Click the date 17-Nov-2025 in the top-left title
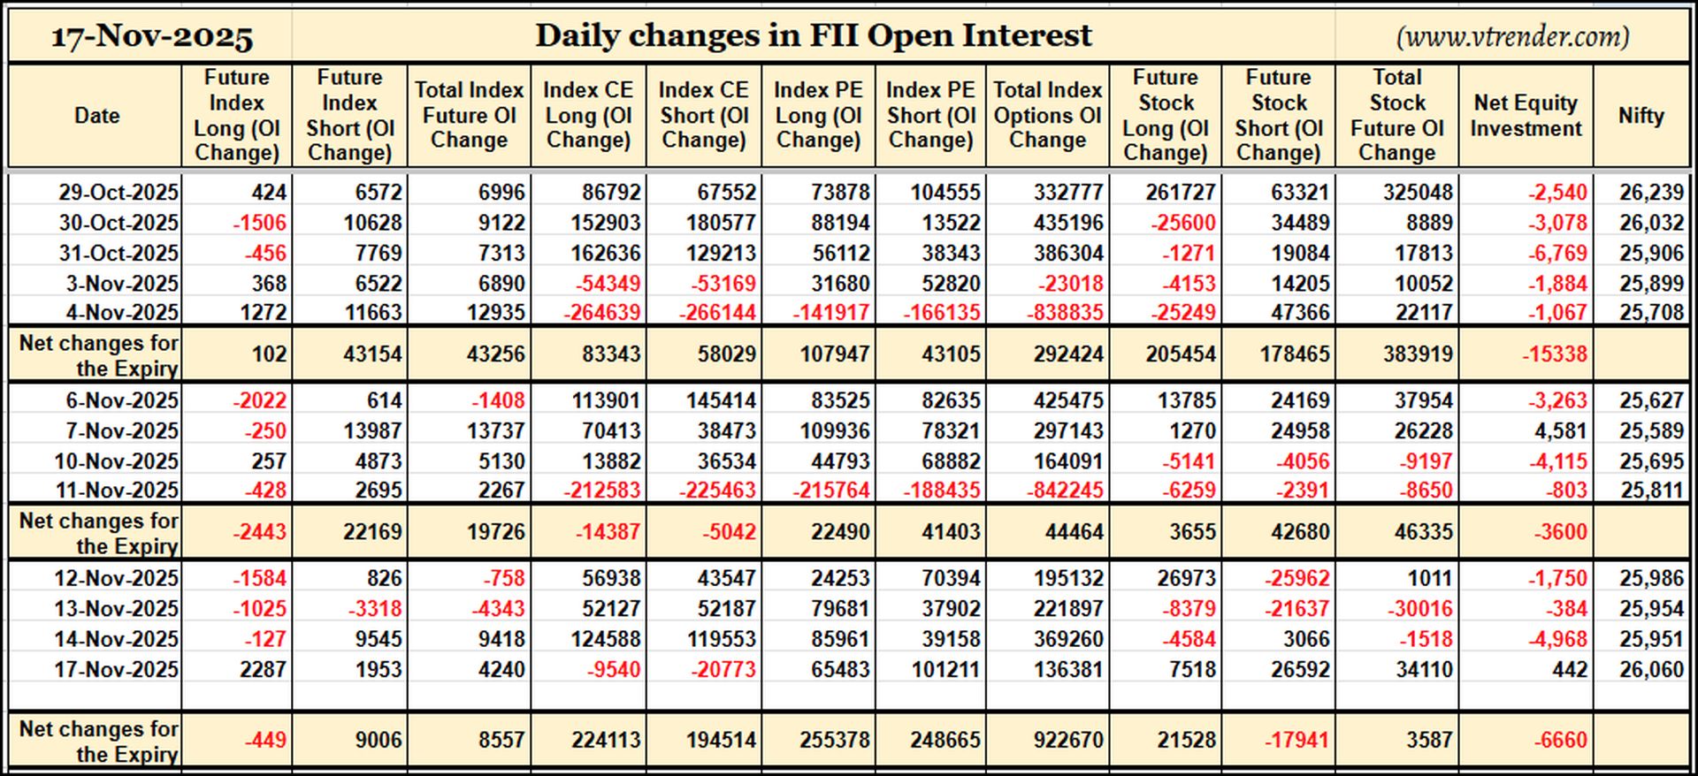[x=152, y=36]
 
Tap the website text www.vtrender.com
[x=1512, y=36]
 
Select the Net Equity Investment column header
[x=1526, y=116]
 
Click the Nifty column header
[x=1641, y=116]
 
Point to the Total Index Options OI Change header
[x=1047, y=116]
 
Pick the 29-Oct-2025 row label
[x=119, y=192]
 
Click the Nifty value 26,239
[x=1651, y=193]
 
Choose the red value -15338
[x=1555, y=354]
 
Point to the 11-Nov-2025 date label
[x=116, y=491]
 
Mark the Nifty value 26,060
[x=1651, y=670]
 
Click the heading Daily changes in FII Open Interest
[x=814, y=35]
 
